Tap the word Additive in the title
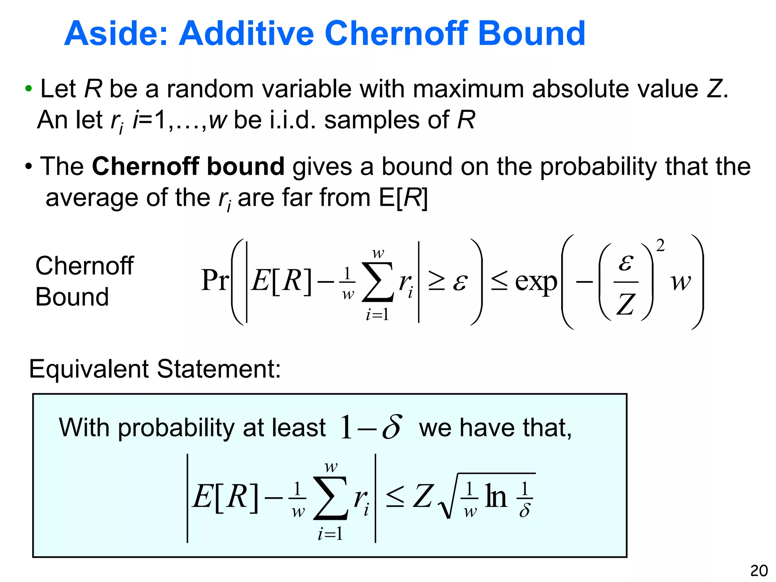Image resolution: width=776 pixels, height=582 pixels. tap(246, 34)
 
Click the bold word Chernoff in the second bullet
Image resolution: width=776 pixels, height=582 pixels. tap(145, 166)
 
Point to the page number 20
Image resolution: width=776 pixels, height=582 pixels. tap(759, 571)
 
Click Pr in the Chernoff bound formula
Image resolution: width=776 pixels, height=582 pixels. tap(215, 281)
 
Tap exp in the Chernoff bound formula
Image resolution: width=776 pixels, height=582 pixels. tap(536, 282)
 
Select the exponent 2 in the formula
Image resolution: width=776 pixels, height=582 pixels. tap(660, 246)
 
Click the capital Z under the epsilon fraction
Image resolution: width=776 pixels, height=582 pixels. tap(626, 305)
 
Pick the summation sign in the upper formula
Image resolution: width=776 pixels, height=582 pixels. tap(378, 282)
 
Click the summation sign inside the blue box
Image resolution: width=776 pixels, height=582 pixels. tap(330, 498)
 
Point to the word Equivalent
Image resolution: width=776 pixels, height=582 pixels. tap(89, 369)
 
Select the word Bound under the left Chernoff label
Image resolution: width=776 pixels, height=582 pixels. tap(72, 297)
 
